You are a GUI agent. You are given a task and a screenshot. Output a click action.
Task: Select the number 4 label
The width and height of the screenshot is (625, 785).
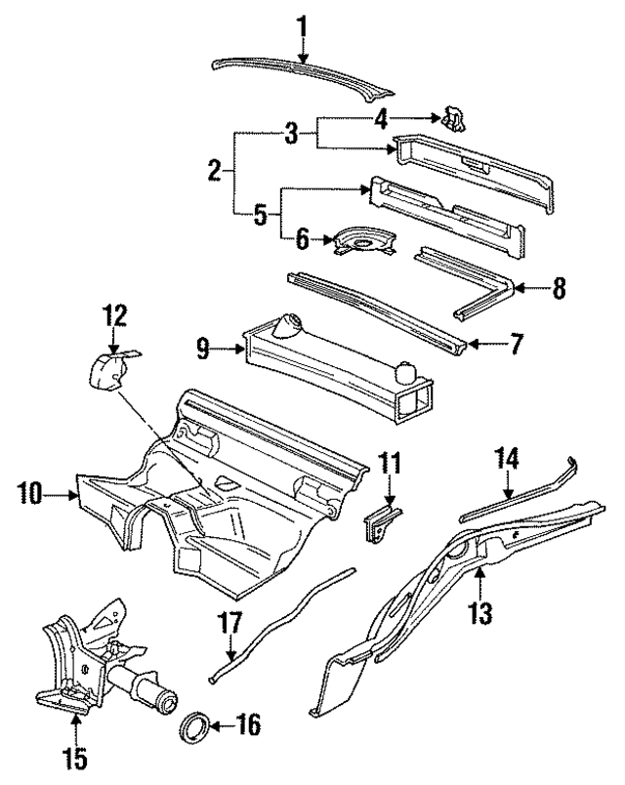click(x=383, y=120)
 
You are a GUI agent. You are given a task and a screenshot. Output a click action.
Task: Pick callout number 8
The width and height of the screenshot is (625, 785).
click(x=559, y=288)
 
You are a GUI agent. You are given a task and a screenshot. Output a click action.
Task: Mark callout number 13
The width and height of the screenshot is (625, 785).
click(x=479, y=613)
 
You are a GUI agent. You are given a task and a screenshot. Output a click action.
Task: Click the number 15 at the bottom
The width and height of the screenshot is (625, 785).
click(x=76, y=757)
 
